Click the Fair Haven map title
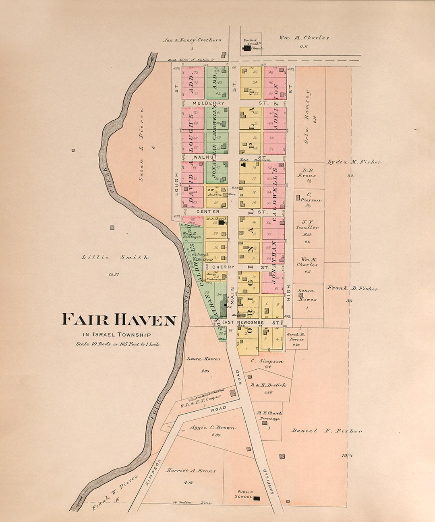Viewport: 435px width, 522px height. tap(119, 320)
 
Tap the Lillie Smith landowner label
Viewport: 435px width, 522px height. tap(115, 257)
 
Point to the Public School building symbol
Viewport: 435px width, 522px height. tap(257, 498)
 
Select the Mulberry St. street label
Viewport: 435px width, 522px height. tap(208, 103)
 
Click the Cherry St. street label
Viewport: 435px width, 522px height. tap(223, 267)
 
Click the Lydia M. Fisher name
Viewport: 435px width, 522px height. tap(354, 162)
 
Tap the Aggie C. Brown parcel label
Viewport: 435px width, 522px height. tap(213, 428)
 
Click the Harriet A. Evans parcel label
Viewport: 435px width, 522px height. tap(191, 470)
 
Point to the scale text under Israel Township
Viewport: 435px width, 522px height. tap(118, 344)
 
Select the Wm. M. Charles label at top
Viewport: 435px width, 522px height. tap(304, 38)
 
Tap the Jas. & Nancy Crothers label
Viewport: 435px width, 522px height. tap(192, 40)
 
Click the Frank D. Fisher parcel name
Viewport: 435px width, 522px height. tap(352, 288)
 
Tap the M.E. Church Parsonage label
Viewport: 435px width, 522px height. tap(269, 416)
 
